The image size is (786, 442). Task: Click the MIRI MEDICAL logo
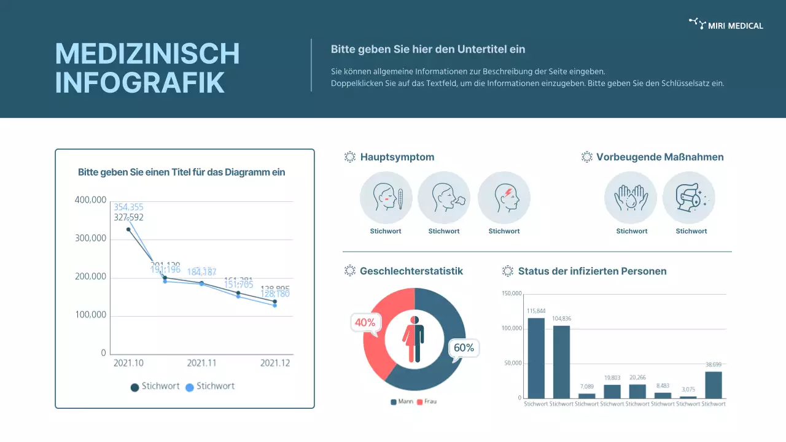pyautogui.click(x=726, y=25)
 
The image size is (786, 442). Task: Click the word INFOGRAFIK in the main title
pyautogui.click(x=140, y=83)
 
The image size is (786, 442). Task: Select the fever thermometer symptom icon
pyautogui.click(x=386, y=198)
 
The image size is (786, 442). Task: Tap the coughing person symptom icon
pyautogui.click(x=444, y=198)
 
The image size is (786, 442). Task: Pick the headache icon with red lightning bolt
pyautogui.click(x=504, y=198)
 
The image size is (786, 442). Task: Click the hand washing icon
pyautogui.click(x=631, y=198)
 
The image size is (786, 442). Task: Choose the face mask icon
pyautogui.click(x=689, y=198)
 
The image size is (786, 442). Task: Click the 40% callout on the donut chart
pyautogui.click(x=365, y=323)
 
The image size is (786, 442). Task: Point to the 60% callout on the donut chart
pyautogui.click(x=464, y=348)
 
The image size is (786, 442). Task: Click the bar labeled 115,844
pyautogui.click(x=536, y=358)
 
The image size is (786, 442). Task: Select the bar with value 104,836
pyautogui.click(x=561, y=362)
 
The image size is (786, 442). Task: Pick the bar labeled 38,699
pyautogui.click(x=713, y=385)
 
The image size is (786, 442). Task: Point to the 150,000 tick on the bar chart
pyautogui.click(x=511, y=293)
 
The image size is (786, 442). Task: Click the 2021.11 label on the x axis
pyautogui.click(x=201, y=363)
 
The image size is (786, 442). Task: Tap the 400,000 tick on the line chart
pyautogui.click(x=90, y=200)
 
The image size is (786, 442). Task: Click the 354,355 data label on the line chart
pyautogui.click(x=128, y=207)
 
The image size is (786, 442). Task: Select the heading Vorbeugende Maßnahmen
pyautogui.click(x=660, y=157)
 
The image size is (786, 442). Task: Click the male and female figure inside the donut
pyautogui.click(x=413, y=339)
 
